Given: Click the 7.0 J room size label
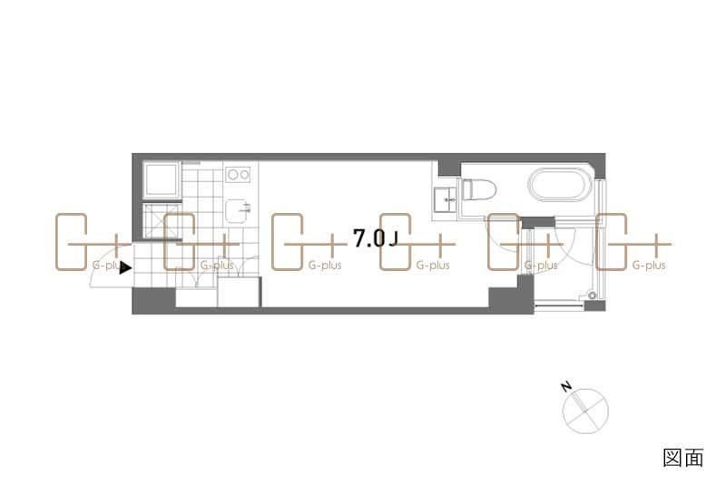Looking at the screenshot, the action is tap(375, 238).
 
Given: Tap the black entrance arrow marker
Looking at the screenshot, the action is tap(125, 267).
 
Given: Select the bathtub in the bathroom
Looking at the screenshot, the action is tap(561, 184).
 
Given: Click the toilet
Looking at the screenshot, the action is tap(479, 189).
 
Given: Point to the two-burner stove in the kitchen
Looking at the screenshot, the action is tap(239, 174).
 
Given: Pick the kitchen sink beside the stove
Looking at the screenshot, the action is tap(239, 211).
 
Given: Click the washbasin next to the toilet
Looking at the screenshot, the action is tap(446, 199).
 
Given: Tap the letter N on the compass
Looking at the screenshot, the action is tap(565, 386).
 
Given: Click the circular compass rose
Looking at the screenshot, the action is tap(585, 411).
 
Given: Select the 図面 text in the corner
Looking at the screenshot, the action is tap(683, 458).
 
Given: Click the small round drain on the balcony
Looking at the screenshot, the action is tap(592, 295).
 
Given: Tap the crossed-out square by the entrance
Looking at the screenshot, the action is tap(161, 220).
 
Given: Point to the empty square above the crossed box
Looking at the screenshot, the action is tap(162, 179).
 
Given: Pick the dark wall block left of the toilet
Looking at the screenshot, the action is tap(448, 169).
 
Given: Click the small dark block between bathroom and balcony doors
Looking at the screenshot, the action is tap(538, 222).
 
